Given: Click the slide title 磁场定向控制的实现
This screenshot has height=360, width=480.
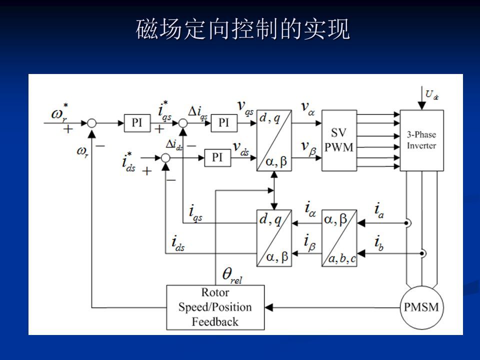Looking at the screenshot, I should [243, 29].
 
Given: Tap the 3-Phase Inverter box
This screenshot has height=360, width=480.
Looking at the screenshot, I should [421, 140].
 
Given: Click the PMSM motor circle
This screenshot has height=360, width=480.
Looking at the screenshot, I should [421, 307].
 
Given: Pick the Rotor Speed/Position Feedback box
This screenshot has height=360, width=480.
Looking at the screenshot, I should [215, 307].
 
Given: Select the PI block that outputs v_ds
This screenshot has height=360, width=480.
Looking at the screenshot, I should [217, 157].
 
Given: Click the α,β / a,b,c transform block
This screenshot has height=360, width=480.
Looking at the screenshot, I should [339, 238].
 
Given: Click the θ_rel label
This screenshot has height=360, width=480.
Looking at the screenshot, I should [232, 275].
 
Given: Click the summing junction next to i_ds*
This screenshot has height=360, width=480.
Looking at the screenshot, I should [166, 158].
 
